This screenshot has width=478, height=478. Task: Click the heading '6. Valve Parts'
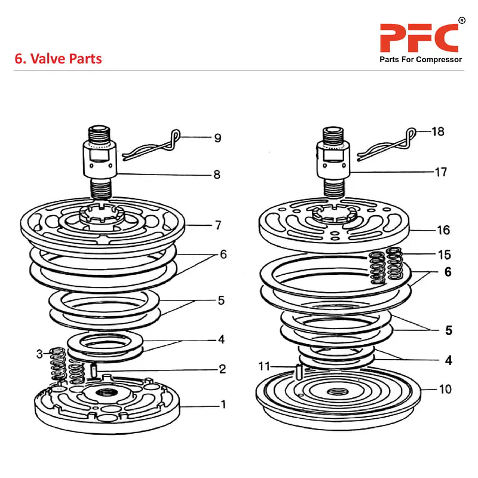[58, 59]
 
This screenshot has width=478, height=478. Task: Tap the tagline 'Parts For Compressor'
[421, 60]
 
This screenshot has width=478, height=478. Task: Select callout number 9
[217, 138]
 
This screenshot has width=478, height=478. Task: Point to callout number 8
[217, 174]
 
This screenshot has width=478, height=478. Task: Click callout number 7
[218, 225]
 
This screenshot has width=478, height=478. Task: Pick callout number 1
[223, 405]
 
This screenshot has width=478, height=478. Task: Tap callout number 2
[222, 369]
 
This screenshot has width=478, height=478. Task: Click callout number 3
[40, 354]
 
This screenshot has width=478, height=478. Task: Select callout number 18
[438, 131]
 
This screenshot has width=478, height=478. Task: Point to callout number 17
[440, 172]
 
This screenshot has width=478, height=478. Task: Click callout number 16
[443, 230]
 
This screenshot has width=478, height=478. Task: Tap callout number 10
[445, 390]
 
